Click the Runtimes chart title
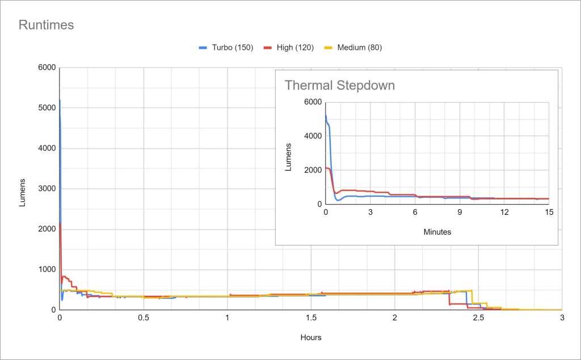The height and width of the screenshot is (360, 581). (47, 25)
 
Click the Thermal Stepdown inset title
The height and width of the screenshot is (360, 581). (339, 86)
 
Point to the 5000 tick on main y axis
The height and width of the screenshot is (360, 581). (46, 108)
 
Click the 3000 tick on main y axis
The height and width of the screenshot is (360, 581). (46, 189)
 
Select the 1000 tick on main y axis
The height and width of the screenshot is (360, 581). (46, 269)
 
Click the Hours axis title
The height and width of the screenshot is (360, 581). (310, 337)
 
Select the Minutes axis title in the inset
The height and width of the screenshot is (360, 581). (437, 231)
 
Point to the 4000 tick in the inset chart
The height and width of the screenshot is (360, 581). (313, 136)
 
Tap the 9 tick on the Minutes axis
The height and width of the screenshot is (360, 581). (460, 212)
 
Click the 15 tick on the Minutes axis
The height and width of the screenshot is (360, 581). (549, 212)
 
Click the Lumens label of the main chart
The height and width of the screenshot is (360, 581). (23, 192)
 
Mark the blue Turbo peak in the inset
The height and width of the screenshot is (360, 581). (326, 116)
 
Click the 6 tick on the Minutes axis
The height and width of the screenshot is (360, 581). (415, 212)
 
